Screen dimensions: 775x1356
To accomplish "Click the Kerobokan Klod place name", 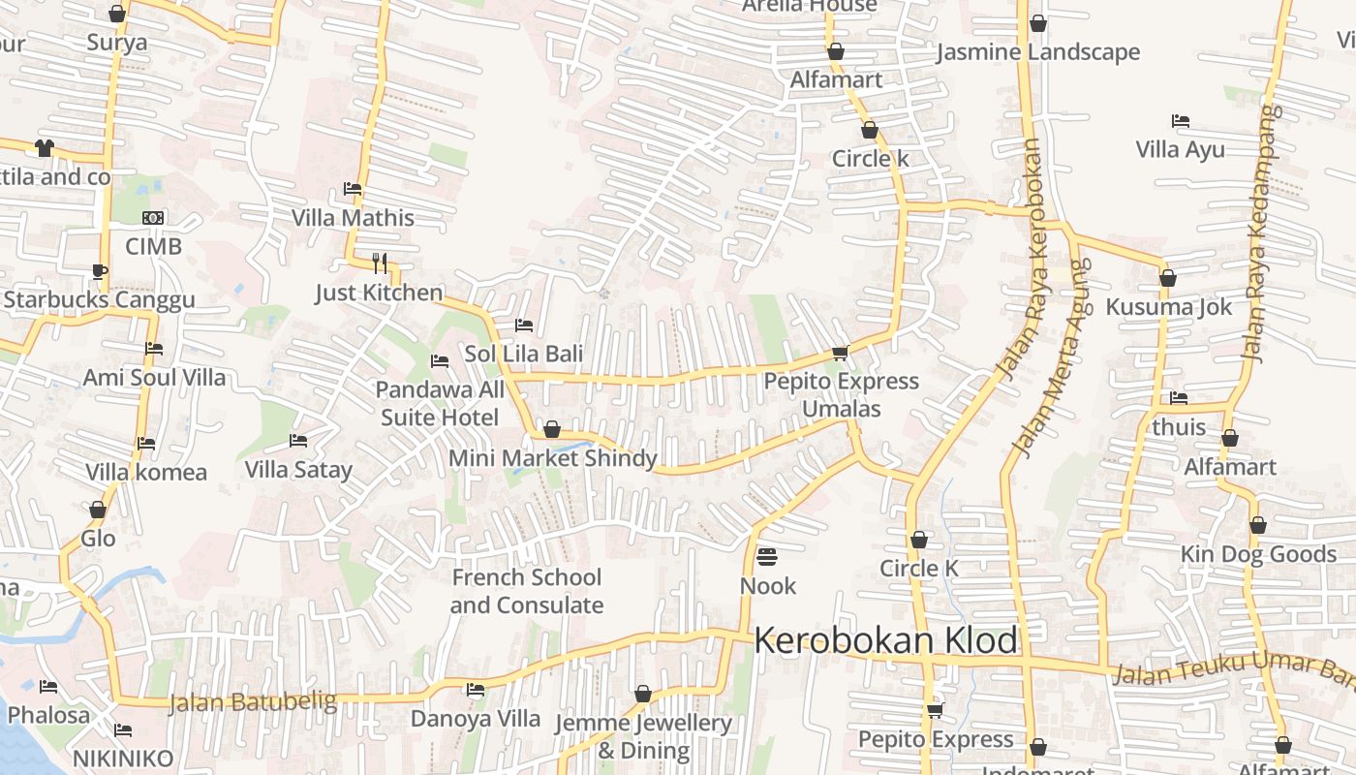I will click(885, 641).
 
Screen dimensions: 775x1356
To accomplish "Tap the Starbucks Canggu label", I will click(99, 299).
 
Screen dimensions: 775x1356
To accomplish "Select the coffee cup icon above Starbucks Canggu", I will click(99, 271).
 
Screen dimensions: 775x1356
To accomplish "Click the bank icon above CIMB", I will click(153, 218).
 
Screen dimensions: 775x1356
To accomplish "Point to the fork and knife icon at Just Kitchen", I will click(380, 263).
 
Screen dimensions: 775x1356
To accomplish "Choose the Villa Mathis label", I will click(353, 218).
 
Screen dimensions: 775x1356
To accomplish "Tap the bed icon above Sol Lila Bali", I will click(524, 325).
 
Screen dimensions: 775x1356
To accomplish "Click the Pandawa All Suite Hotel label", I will click(440, 404).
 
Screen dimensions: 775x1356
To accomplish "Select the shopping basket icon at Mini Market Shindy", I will click(552, 429).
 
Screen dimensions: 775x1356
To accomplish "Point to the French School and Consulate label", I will click(526, 591).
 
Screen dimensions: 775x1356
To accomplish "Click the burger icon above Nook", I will click(767, 557).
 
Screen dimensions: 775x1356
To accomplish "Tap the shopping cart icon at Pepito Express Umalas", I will click(841, 354).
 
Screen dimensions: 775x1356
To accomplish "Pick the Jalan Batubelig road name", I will click(253, 701).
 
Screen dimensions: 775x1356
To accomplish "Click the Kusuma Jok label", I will click(1169, 307).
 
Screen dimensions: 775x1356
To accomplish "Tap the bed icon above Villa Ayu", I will click(1180, 122).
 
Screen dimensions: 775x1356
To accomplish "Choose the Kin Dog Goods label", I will click(1258, 554).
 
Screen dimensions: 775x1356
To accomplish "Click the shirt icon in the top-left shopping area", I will click(45, 148).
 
